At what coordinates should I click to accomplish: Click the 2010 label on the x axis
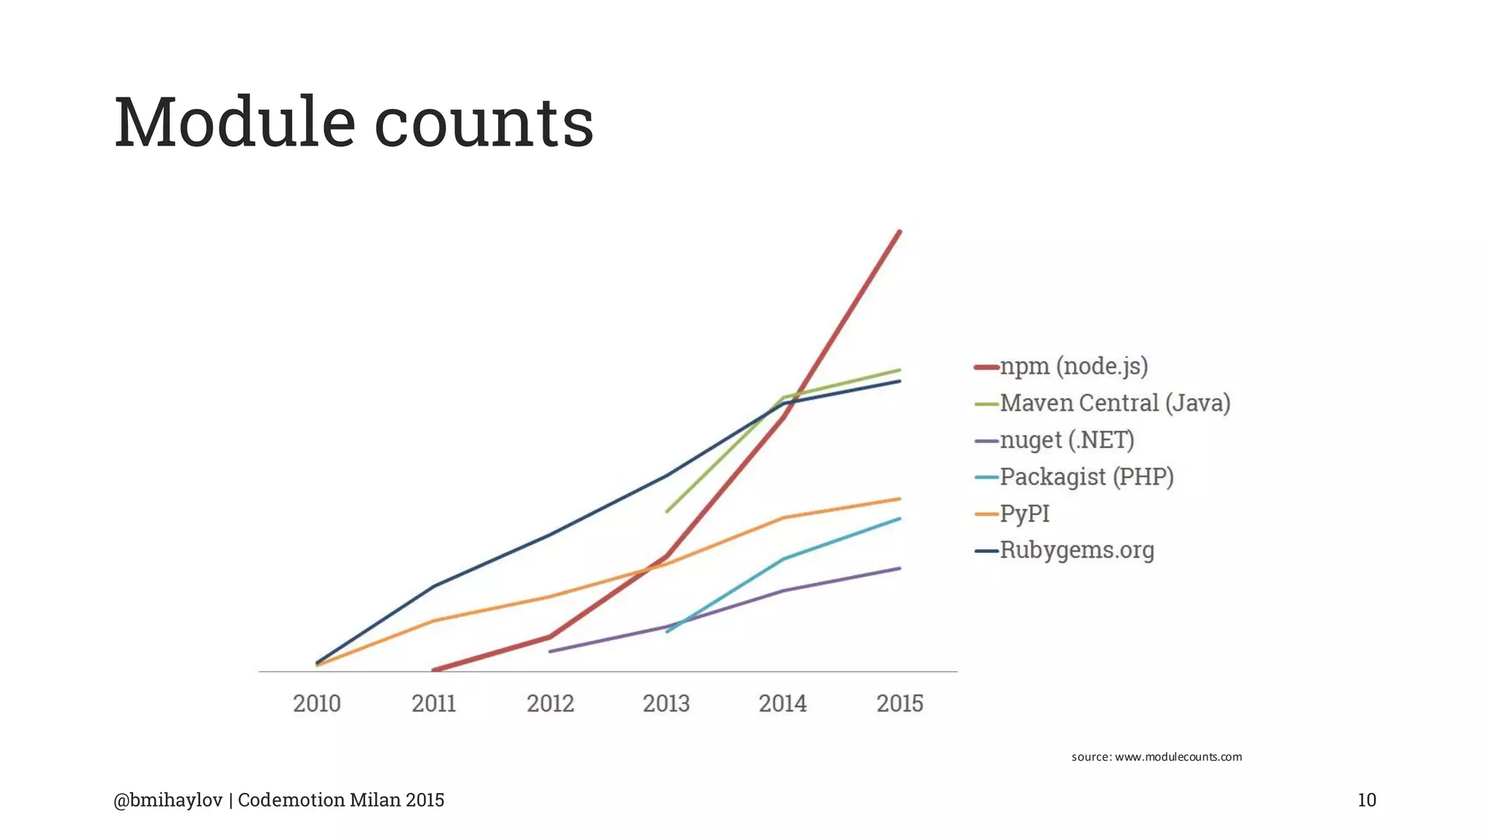coord(316,703)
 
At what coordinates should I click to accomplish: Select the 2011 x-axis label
coord(433,703)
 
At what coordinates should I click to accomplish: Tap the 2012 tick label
coord(550,703)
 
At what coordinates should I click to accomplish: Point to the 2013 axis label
coord(666,703)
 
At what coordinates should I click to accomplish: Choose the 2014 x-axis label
coord(782,703)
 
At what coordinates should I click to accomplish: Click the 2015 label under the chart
coord(899,703)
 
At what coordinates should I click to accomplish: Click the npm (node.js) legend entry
coord(1073,366)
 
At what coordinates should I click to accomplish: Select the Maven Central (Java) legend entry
coord(1115,403)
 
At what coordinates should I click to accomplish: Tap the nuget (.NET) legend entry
coord(1067,440)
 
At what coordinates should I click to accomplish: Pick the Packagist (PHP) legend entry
coord(1086,476)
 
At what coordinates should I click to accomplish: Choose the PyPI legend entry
coord(1024,514)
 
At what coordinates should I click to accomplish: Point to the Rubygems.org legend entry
coord(1077,550)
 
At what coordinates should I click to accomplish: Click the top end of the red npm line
coord(900,231)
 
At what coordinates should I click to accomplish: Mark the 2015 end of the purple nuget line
coord(900,568)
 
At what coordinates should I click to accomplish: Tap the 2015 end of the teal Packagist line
coord(900,519)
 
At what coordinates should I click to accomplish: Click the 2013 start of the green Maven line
coord(667,511)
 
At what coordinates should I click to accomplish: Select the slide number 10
coord(1367,800)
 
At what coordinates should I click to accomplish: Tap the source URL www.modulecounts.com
coord(1178,757)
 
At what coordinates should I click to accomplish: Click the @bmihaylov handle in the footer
coord(168,800)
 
